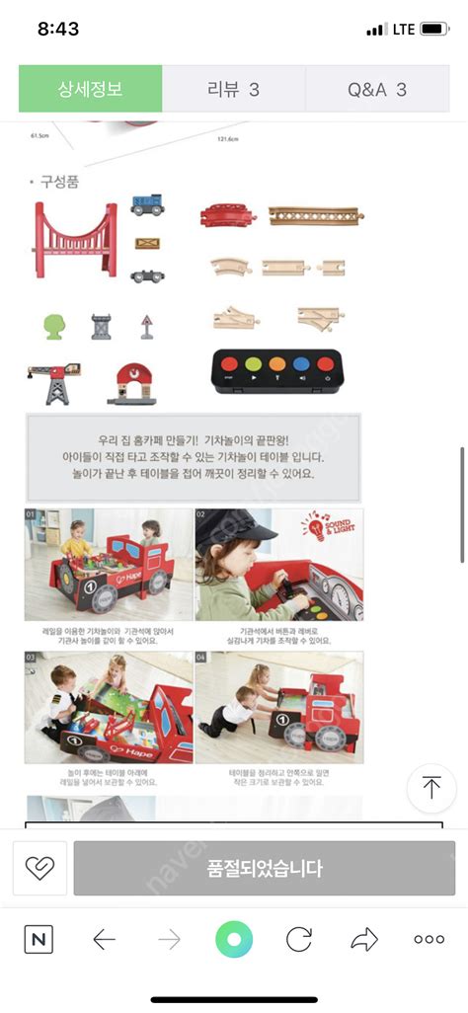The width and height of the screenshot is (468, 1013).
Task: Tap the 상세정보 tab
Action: tap(90, 89)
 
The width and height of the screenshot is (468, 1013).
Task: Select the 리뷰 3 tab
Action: tap(233, 89)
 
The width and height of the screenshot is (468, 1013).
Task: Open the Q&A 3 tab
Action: tap(376, 89)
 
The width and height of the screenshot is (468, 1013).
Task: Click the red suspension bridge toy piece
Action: tap(76, 239)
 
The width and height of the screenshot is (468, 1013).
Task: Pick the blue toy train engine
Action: tap(147, 205)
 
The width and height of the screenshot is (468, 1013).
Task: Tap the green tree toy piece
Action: tap(53, 326)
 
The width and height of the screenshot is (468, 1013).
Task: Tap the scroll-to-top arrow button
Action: tap(431, 788)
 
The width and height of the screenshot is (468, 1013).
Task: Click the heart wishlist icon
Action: tap(39, 868)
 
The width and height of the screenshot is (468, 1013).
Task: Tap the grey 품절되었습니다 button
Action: tap(264, 869)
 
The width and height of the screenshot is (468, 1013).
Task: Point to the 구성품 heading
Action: tap(58, 182)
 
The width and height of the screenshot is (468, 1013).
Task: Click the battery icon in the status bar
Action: tap(434, 30)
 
